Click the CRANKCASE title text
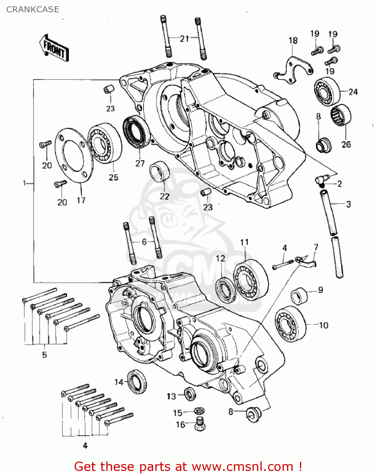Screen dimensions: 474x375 click(33, 9)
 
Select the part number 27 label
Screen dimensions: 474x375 click(140, 163)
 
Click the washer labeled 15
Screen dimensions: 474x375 click(199, 411)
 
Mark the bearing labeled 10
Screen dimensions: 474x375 click(290, 324)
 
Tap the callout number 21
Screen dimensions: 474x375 click(184, 39)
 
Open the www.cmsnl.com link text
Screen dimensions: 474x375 click(242, 466)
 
